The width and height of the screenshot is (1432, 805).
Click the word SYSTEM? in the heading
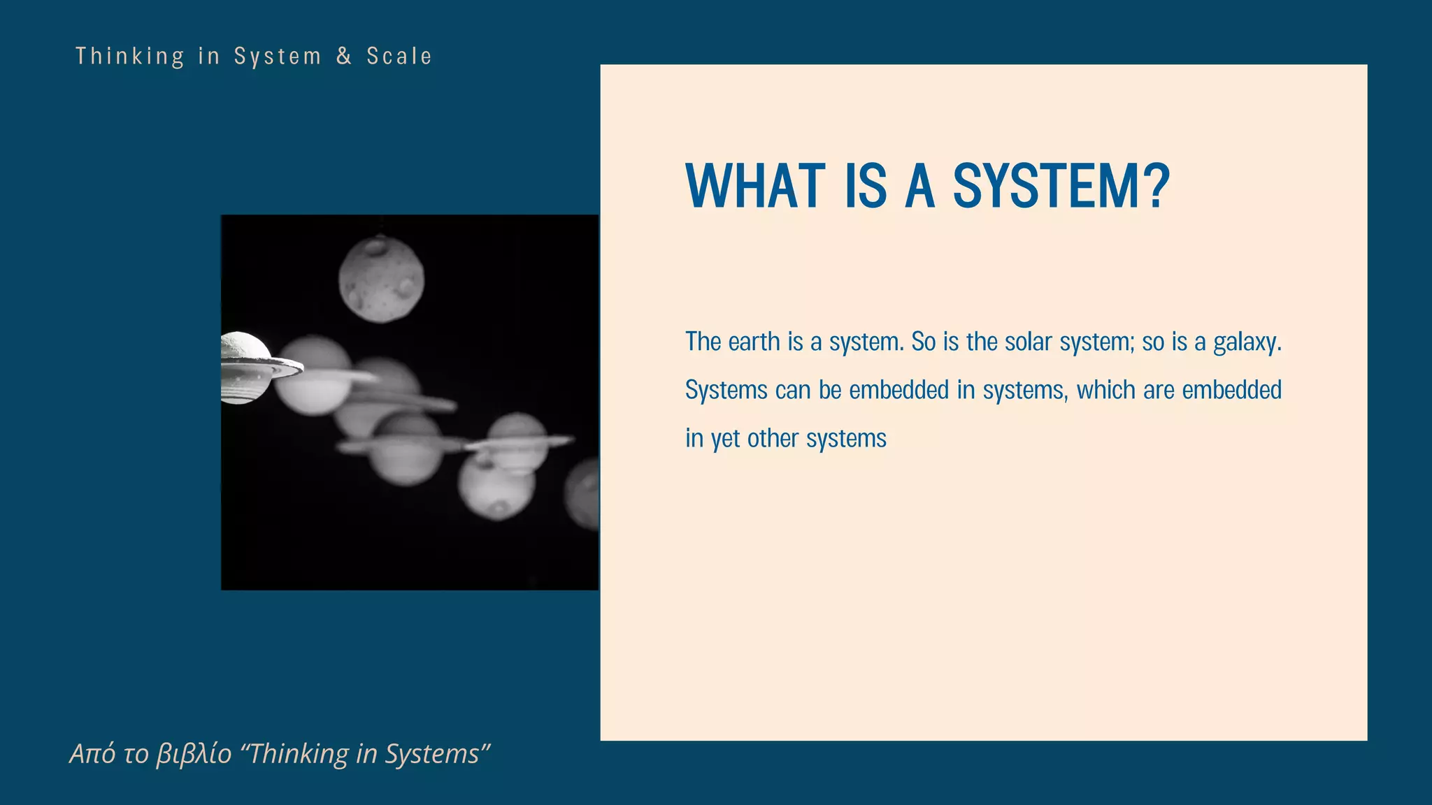[x=1061, y=187]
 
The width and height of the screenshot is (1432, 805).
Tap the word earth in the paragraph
[x=754, y=342]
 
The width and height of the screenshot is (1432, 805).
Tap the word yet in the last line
[x=725, y=440]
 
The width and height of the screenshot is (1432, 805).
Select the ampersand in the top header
[x=344, y=56]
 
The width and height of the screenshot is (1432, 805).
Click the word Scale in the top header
[x=399, y=56]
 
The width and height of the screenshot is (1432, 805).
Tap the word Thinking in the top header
[x=130, y=56]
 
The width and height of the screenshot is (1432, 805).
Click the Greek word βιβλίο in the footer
[x=194, y=754]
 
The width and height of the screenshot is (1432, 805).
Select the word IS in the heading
[x=866, y=187]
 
